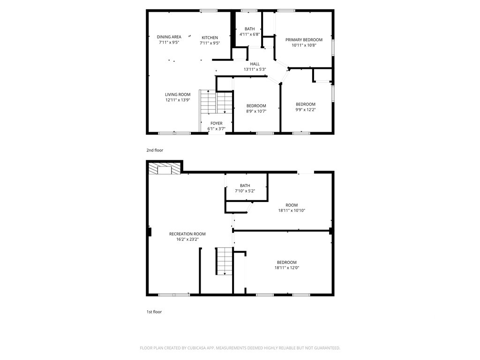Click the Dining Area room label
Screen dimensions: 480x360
point(169,37)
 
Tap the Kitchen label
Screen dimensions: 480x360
point(210,37)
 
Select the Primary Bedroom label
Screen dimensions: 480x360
point(304,40)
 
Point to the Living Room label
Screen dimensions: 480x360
point(178,95)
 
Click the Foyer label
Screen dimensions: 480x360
point(217,123)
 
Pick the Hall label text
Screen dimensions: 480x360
point(255,64)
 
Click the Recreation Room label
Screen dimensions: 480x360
point(187,234)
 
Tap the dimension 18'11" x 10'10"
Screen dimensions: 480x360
point(292,210)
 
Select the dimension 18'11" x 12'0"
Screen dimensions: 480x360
point(287,268)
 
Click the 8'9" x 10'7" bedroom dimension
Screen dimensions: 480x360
point(256,111)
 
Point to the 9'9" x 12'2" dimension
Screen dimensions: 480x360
point(306,110)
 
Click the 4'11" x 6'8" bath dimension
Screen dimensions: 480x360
point(249,34)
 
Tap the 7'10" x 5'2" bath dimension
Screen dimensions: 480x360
point(245,191)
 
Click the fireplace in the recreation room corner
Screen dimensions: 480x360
point(165,168)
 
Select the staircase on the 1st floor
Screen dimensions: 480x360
point(225,261)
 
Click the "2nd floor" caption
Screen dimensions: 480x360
point(155,150)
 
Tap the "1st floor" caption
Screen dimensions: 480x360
point(154,312)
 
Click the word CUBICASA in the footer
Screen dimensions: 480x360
point(198,348)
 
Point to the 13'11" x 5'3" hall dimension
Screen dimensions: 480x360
point(255,69)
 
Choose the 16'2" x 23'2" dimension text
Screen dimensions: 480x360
point(187,240)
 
